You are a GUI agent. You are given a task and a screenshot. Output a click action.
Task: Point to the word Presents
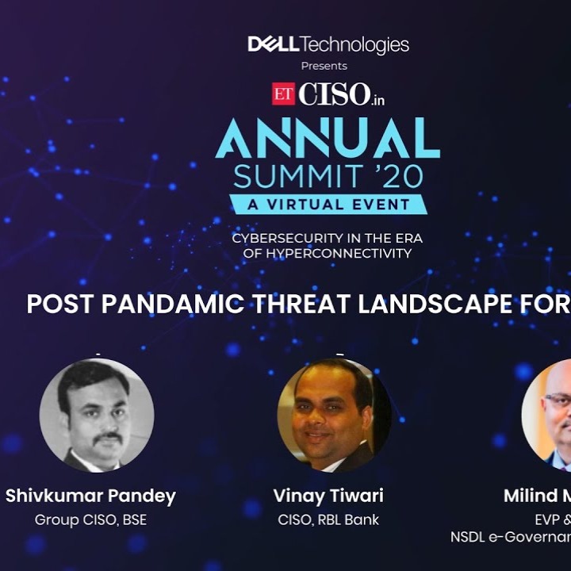pos(324,66)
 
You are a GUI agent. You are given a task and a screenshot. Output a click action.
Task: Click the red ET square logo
pos(283,94)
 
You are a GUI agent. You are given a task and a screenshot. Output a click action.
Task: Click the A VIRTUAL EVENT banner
pos(328,204)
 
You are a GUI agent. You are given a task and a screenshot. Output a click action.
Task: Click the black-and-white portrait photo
pos(97,415)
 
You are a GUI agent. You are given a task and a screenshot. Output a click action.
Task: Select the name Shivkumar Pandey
pos(90,496)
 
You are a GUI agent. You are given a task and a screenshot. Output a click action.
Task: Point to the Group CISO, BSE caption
pos(90,520)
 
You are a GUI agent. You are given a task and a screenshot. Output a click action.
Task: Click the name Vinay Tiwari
pos(328,496)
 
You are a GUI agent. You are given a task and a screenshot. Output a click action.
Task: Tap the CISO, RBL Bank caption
pos(328,520)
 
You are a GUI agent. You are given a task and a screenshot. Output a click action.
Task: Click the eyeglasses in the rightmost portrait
pos(559,400)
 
